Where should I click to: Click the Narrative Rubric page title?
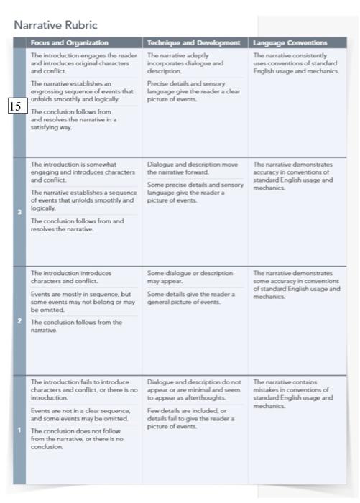tap(55, 25)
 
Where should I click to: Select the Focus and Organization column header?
tap(70, 43)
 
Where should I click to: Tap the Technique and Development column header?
tap(193, 43)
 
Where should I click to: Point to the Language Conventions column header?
tap(295, 43)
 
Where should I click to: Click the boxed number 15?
tap(17, 106)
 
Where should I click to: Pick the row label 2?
tap(19, 320)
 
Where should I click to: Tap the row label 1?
tap(19, 430)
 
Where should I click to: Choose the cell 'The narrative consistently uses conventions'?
tap(295, 63)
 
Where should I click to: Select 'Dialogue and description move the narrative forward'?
tap(193, 168)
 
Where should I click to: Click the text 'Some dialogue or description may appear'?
tap(190, 277)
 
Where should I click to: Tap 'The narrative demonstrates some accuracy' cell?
tap(295, 285)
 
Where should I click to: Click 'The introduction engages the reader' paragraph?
tap(83, 63)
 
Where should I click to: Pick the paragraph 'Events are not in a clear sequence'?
tap(80, 414)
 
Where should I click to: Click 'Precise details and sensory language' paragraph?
tap(190, 91)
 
